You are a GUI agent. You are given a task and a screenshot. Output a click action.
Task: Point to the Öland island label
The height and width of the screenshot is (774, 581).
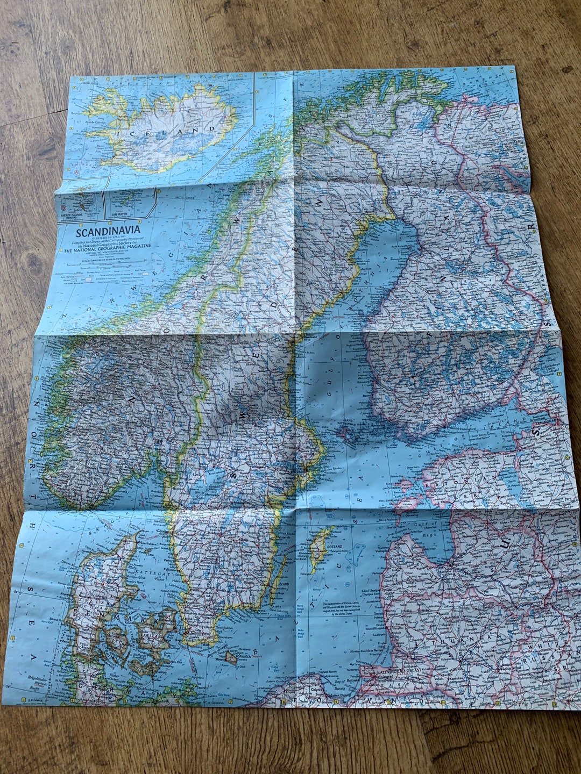point(283,584)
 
